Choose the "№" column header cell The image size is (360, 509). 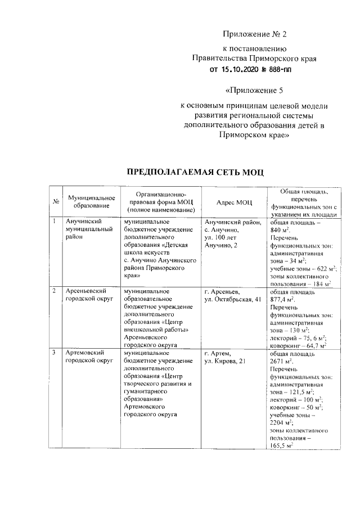[x=56, y=202]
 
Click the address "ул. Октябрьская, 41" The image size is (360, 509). [x=233, y=299]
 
